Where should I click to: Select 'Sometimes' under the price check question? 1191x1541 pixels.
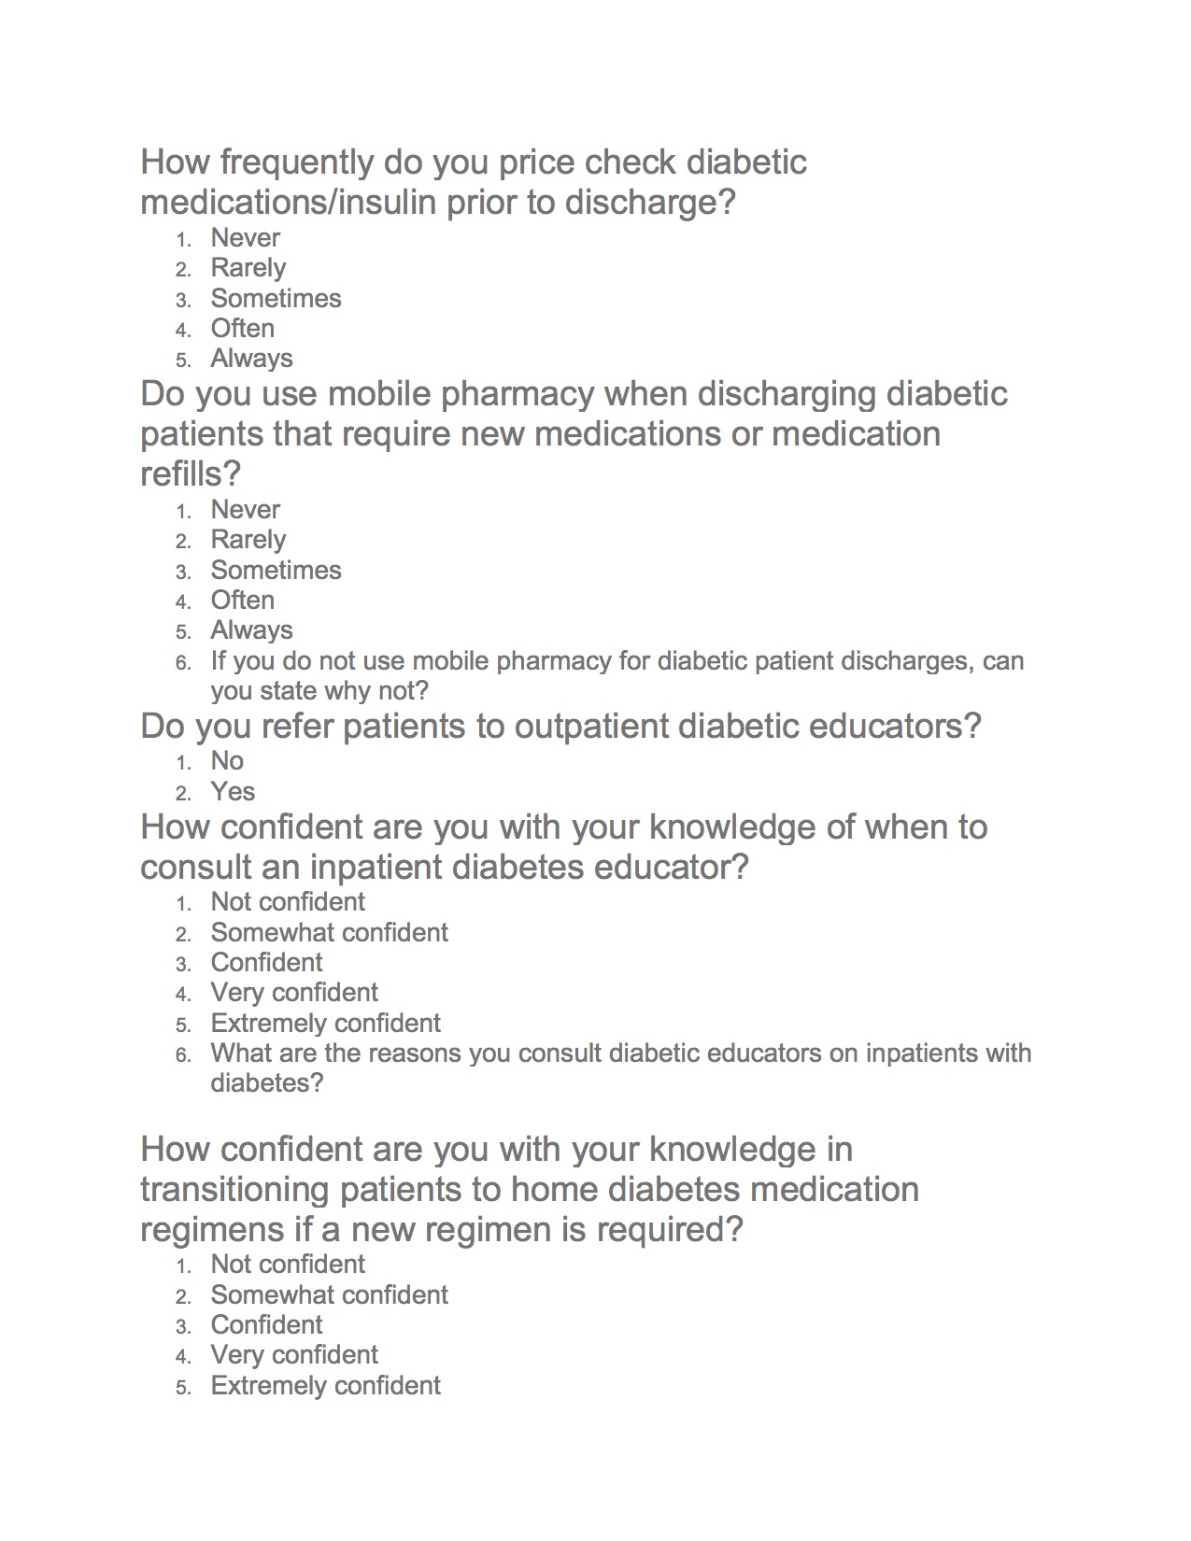[276, 299]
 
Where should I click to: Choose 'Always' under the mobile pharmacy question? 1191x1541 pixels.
[251, 630]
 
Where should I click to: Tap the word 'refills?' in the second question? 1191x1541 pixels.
[191, 474]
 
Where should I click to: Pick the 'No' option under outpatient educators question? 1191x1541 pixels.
[227, 761]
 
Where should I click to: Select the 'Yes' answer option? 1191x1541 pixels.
[233, 792]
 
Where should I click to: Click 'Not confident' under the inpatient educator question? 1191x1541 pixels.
[288, 902]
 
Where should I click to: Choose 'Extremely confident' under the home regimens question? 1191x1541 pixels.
[325, 1386]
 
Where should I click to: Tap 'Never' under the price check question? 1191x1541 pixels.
[245, 238]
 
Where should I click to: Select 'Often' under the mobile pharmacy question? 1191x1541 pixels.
[242, 601]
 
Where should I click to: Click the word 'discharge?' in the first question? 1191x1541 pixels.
[650, 203]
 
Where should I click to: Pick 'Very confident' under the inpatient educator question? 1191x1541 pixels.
[294, 993]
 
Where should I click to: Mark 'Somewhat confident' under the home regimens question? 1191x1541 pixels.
[329, 1295]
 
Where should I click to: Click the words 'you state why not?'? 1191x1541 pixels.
[319, 691]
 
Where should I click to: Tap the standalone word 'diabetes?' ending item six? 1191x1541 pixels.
[266, 1083]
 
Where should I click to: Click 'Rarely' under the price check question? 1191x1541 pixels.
[248, 268]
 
